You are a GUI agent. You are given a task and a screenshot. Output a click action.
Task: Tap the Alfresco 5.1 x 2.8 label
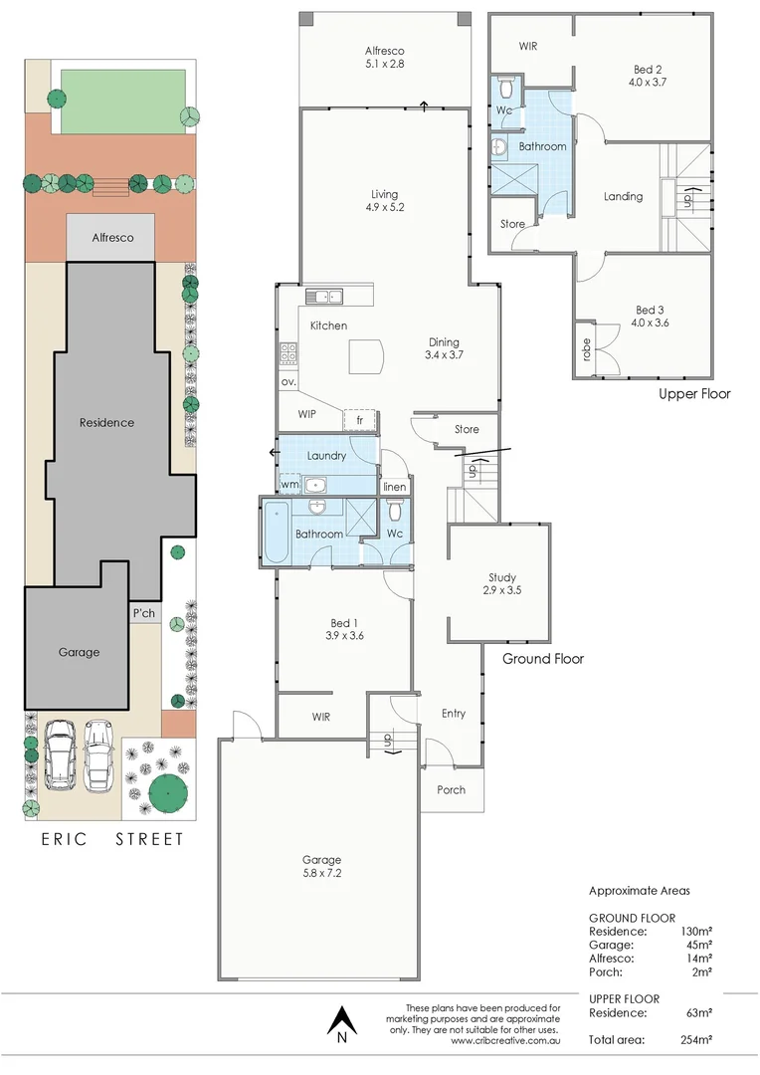pyautogui.click(x=384, y=58)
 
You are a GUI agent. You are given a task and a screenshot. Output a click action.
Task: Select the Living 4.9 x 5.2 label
pyautogui.click(x=384, y=200)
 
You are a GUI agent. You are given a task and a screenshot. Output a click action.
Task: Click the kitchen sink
pyautogui.click(x=324, y=296)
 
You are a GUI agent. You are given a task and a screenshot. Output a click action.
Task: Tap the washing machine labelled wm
pyautogui.click(x=289, y=485)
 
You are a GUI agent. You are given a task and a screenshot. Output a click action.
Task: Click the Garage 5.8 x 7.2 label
pyautogui.click(x=321, y=866)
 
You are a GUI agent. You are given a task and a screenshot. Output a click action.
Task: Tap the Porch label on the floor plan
pyautogui.click(x=451, y=789)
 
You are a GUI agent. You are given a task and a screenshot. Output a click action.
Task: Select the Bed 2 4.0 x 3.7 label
pyautogui.click(x=648, y=76)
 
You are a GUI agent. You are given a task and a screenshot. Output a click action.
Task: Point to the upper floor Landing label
pyautogui.click(x=623, y=196)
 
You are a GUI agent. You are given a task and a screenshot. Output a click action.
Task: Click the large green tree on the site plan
pyautogui.click(x=170, y=792)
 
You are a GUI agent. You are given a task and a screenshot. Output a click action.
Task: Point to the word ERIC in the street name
pyautogui.click(x=65, y=839)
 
